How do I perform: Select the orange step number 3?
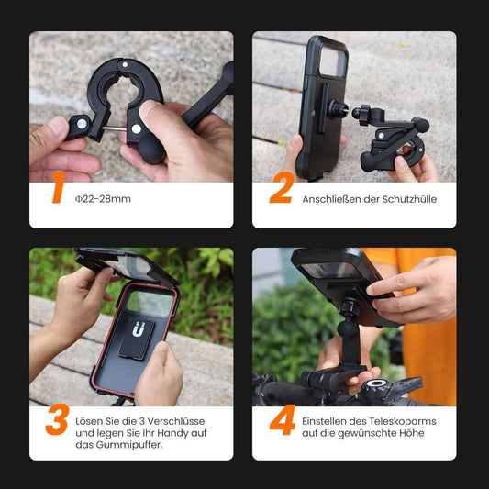(x=57, y=421)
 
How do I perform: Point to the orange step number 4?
(x=281, y=421)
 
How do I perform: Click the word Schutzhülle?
(x=408, y=199)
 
